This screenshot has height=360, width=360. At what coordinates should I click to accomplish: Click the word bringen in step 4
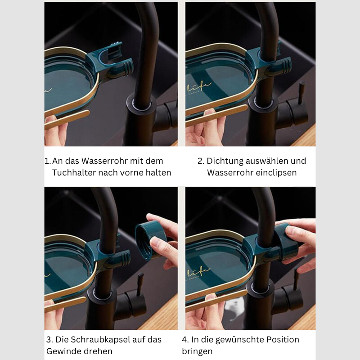coord(197,351)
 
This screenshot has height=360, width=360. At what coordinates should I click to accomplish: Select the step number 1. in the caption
coord(48,161)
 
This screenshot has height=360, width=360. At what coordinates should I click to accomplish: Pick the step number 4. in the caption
coord(185,340)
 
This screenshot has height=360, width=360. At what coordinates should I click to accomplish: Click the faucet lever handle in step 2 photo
coord(302,92)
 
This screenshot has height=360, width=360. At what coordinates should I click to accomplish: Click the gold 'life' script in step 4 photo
coord(198,272)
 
